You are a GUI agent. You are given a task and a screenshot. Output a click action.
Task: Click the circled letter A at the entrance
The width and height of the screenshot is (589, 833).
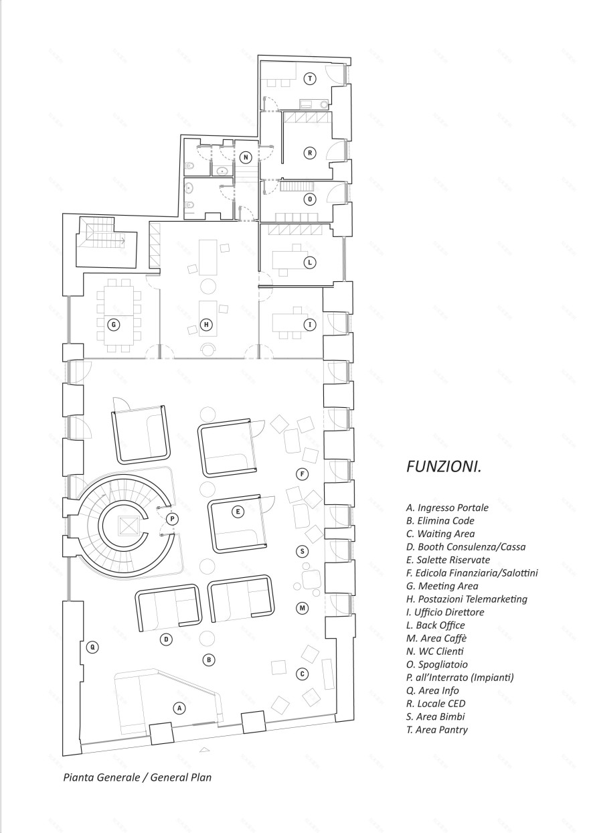[x=179, y=708]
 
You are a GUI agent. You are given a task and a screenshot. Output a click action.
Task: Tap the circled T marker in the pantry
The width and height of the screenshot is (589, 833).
[x=309, y=78]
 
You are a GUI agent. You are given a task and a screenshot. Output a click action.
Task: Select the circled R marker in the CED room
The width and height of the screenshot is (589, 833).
[x=309, y=153]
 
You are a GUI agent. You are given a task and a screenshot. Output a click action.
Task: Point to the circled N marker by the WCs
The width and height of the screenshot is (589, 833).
[x=245, y=157]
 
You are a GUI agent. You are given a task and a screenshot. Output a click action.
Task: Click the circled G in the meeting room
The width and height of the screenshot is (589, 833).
[x=114, y=325]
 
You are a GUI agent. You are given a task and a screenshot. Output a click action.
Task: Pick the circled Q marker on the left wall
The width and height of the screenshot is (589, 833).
[x=92, y=648]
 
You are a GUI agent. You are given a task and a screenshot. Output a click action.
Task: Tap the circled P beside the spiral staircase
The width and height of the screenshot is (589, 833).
[x=172, y=519]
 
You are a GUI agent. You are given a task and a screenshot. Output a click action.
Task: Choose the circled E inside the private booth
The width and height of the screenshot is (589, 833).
[x=238, y=512]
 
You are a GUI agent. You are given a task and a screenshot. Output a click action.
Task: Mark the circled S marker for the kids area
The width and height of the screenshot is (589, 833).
[x=302, y=551]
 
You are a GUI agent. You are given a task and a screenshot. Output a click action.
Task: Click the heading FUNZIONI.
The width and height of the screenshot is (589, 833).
[x=444, y=467]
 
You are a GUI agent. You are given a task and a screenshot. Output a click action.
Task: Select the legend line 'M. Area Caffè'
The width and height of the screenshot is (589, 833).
[x=436, y=638]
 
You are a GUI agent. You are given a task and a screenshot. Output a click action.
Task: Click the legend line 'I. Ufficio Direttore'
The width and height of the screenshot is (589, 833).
[x=445, y=612]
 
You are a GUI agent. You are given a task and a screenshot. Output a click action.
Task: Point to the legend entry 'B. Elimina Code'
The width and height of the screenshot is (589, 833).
[x=440, y=521]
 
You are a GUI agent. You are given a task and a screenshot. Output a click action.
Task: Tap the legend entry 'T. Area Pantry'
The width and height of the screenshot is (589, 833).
[x=437, y=730]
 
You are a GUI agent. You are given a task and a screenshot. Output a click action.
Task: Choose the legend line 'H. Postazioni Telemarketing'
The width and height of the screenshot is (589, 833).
[x=467, y=599]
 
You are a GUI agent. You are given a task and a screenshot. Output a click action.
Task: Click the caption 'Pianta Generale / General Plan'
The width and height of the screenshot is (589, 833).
[x=137, y=777]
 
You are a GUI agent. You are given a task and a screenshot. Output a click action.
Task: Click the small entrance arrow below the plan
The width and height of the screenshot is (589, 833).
[x=203, y=750]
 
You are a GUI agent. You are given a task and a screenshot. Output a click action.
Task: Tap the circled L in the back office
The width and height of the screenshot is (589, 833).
[x=309, y=262]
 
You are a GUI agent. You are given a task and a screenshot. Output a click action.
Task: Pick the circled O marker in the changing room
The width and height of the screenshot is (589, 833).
[x=309, y=200]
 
